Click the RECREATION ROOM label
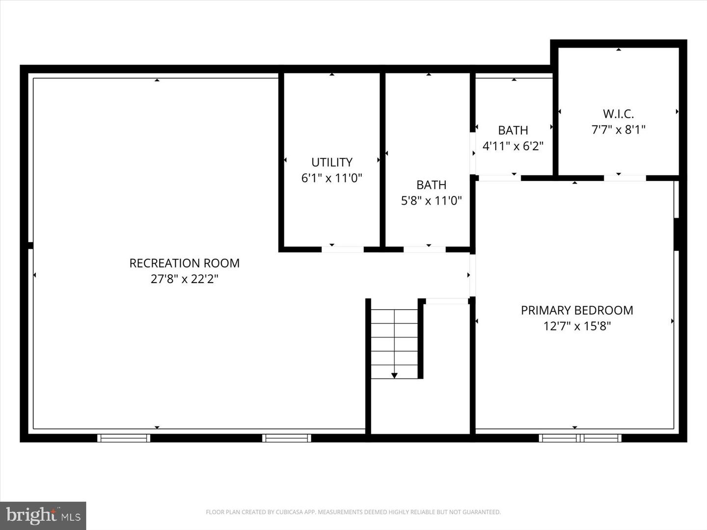pos(184,263)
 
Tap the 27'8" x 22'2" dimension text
pos(184,279)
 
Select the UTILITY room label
pos(332,162)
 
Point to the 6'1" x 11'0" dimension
pos(332,178)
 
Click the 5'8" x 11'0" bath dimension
pos(431,201)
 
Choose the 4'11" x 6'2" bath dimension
pos(513,146)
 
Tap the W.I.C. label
pos(618,114)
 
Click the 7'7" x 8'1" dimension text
pos(618,130)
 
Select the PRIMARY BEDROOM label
pos(577,310)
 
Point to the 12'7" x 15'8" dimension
pos(577,326)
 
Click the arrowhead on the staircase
pos(394,375)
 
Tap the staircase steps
pos(394,344)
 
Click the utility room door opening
pos(342,249)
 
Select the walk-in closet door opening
pos(625,178)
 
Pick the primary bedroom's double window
pos(580,438)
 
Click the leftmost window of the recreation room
pos(124,438)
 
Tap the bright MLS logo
pos(43,515)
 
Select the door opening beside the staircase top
pos(447,301)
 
